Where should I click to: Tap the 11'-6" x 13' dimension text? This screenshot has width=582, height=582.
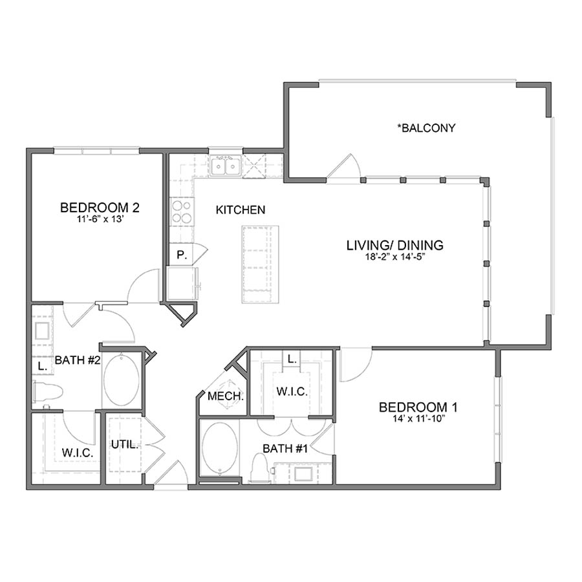[x=100, y=219]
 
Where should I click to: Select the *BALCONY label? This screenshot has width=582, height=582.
[x=426, y=128]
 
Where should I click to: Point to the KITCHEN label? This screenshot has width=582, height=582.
[x=240, y=210]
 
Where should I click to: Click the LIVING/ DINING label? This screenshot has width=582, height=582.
[x=394, y=245]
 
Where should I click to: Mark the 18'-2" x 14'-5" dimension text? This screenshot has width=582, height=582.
[x=394, y=256]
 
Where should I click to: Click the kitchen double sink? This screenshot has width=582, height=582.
[x=225, y=166]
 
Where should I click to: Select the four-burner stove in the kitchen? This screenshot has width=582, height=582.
[x=181, y=211]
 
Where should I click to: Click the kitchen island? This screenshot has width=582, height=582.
[x=260, y=264]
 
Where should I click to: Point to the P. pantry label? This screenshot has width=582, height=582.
[x=182, y=255]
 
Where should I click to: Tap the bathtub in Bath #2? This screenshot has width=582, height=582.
[x=121, y=380]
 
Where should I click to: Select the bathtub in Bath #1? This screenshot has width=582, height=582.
[x=219, y=449]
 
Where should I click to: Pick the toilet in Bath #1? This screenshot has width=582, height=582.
[x=260, y=466]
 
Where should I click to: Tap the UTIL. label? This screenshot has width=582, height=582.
[x=122, y=444]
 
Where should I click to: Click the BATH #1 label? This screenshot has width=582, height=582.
[x=285, y=447]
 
